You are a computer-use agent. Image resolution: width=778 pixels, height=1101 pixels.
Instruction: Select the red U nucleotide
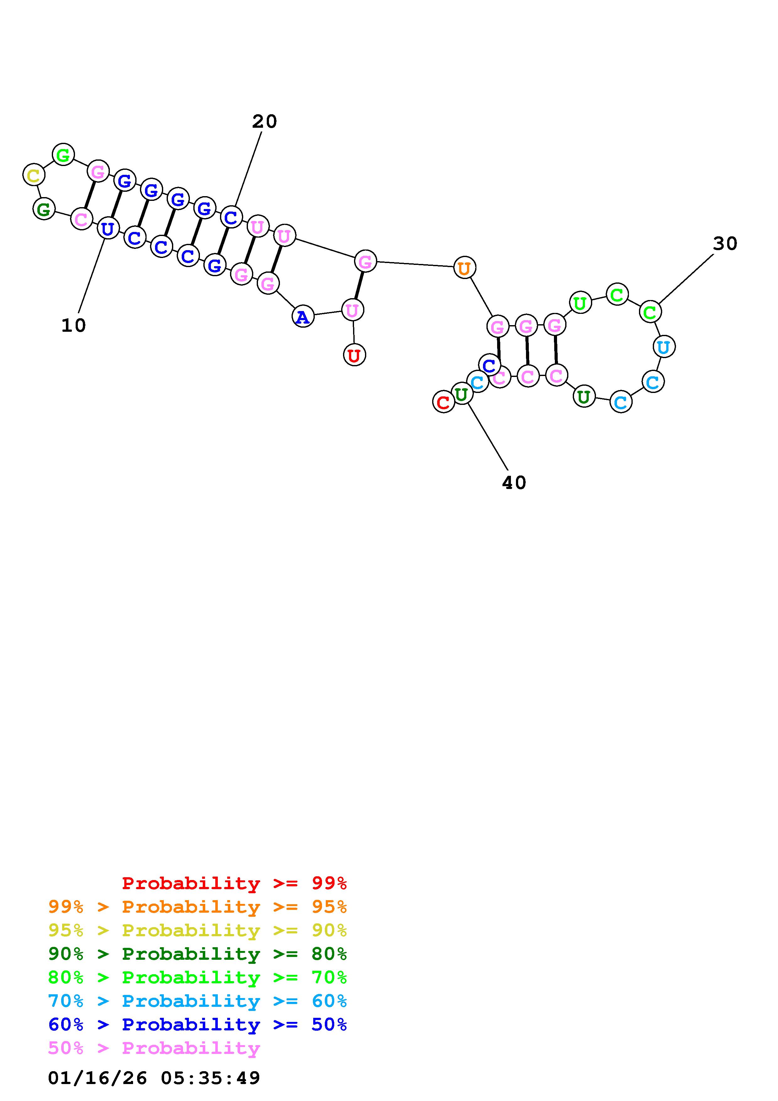click(x=354, y=355)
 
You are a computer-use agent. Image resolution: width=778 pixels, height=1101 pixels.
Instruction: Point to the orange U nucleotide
click(x=464, y=268)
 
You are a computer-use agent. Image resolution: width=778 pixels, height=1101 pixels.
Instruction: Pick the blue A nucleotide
click(x=303, y=316)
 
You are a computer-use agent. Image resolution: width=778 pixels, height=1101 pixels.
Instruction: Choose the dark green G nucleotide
click(x=44, y=209)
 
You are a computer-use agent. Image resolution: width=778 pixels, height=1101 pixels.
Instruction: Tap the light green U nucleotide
click(x=580, y=303)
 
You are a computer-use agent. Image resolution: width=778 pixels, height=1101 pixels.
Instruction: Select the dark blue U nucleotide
click(x=108, y=228)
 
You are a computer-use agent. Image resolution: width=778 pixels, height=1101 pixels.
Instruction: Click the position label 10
click(x=73, y=325)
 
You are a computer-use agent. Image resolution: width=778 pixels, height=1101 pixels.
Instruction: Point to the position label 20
click(x=264, y=122)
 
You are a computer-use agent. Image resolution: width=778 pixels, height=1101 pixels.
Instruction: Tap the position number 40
click(x=514, y=483)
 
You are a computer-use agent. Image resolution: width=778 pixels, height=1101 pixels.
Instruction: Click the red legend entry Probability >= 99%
click(x=234, y=883)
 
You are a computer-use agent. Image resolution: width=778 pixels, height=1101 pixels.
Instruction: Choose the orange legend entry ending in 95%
click(x=197, y=907)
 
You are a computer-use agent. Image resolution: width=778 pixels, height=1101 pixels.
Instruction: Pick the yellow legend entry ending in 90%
click(x=197, y=930)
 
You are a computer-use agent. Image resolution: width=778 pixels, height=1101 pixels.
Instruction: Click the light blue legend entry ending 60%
click(x=197, y=1001)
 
